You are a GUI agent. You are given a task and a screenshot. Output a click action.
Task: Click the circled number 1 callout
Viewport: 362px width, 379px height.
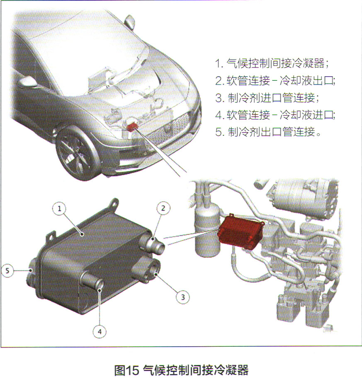(59, 208)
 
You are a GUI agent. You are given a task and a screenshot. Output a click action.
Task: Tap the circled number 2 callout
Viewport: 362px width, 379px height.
(163, 208)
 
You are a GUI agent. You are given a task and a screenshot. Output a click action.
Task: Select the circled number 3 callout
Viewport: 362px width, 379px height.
(183, 297)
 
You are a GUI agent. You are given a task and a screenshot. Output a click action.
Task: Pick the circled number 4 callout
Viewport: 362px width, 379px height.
(100, 332)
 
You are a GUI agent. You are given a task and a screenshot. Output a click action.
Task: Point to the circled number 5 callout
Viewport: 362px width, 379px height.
(7, 271)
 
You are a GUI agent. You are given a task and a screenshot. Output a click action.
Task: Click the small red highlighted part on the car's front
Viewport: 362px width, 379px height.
(132, 126)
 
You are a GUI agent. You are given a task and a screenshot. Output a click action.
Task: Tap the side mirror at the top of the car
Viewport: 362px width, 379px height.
(130, 22)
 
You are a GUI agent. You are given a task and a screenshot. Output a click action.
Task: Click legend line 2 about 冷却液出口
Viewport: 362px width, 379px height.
(275, 80)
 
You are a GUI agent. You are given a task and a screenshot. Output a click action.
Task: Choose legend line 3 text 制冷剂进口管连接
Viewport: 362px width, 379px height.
(267, 98)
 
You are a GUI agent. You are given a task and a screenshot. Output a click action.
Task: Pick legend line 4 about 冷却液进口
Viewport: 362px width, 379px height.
(275, 115)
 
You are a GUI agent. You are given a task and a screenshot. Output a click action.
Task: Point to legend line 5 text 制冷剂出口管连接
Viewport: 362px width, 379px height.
(268, 132)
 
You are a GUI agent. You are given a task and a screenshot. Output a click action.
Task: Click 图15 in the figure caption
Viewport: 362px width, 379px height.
(126, 370)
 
